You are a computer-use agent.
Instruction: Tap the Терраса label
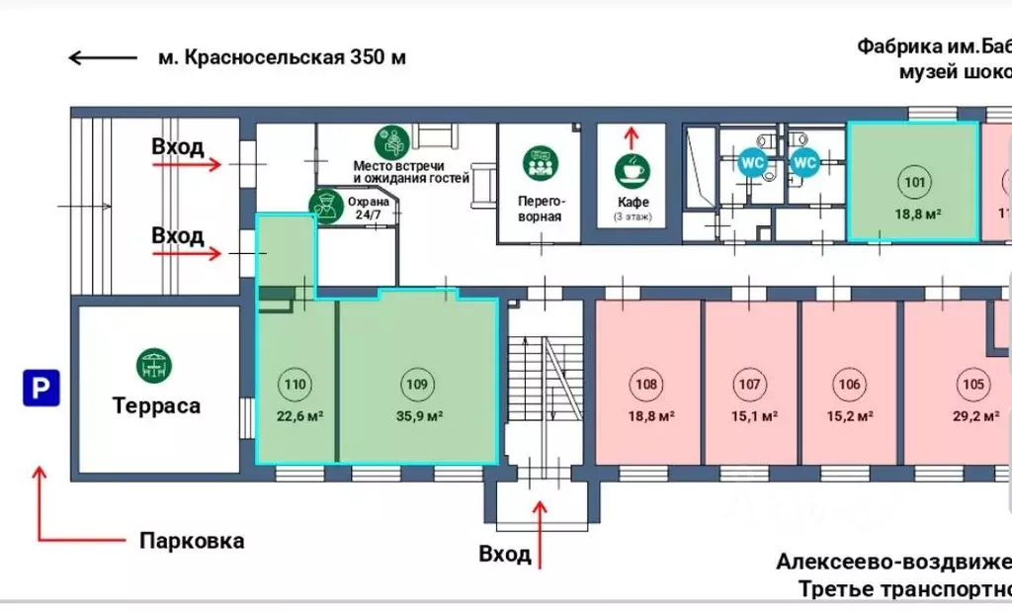(156, 405)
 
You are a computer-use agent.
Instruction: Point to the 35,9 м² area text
(419, 415)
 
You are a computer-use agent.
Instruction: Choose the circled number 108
(646, 385)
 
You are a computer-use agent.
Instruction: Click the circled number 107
(750, 385)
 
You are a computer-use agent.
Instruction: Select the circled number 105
(973, 385)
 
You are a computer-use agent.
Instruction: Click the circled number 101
(914, 181)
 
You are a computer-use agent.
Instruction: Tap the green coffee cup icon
(632, 170)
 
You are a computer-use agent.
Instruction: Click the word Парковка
(192, 541)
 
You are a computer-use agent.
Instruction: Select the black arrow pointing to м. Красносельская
(102, 57)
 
